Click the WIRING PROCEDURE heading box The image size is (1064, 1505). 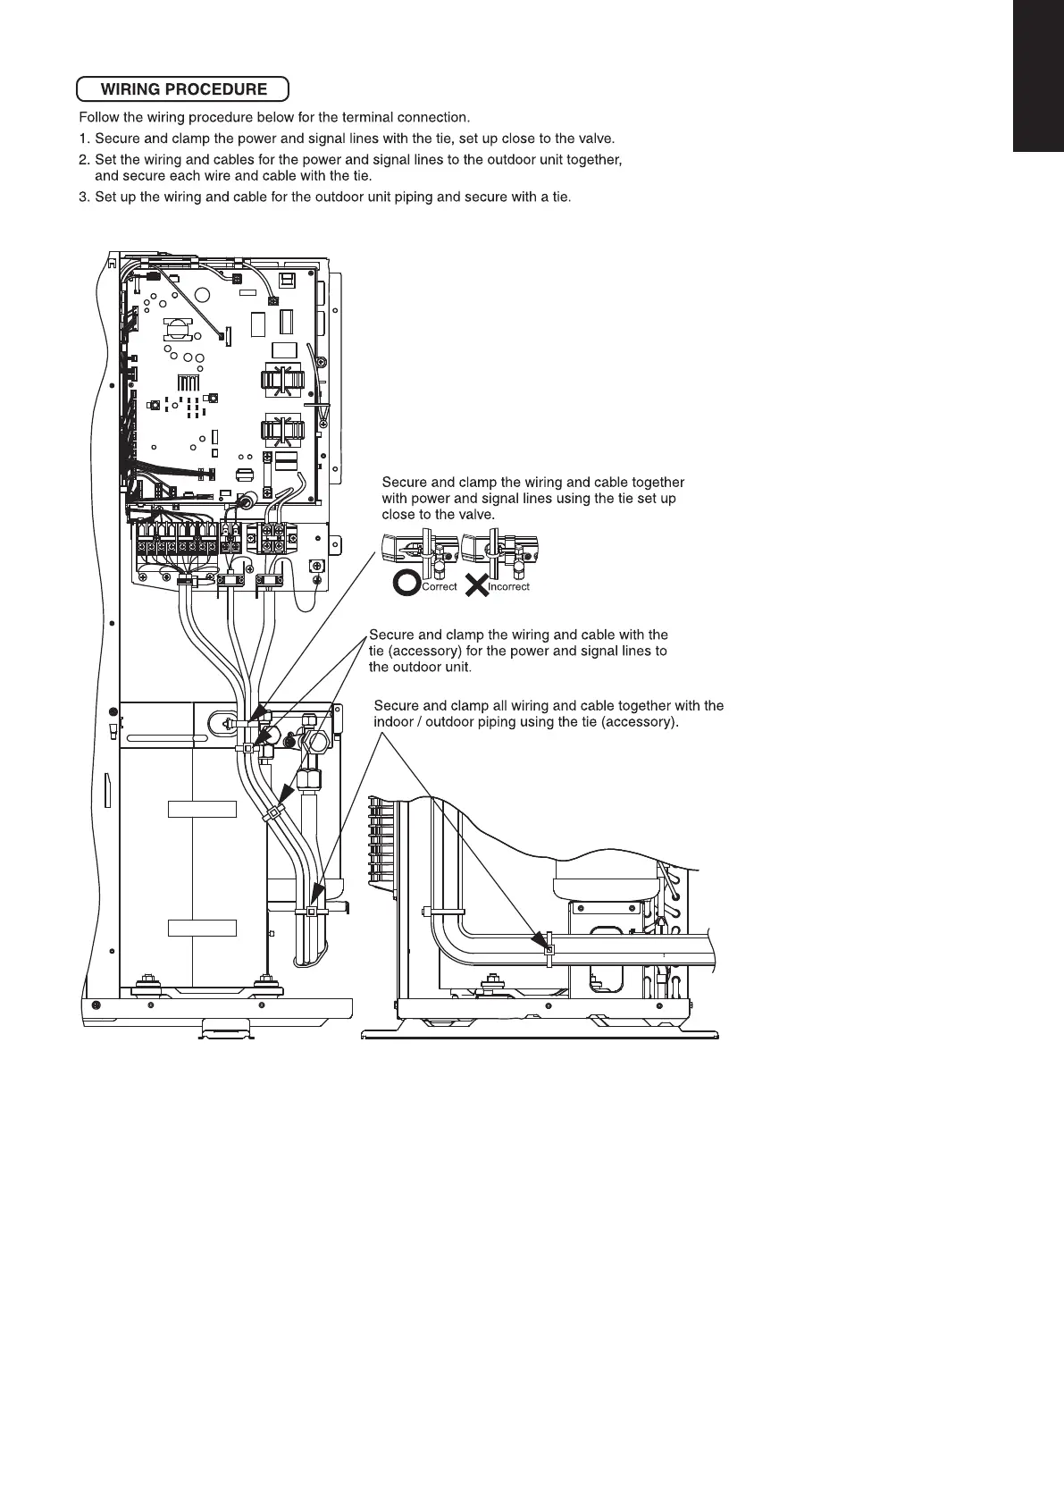[x=183, y=89]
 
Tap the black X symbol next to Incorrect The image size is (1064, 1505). [x=476, y=585]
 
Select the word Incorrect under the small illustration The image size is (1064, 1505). [x=509, y=587]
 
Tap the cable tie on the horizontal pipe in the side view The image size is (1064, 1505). [x=549, y=951]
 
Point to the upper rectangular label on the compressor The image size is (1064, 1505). [x=202, y=810]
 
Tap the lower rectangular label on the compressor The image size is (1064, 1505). [x=202, y=927]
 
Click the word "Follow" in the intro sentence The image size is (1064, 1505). [x=99, y=117]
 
